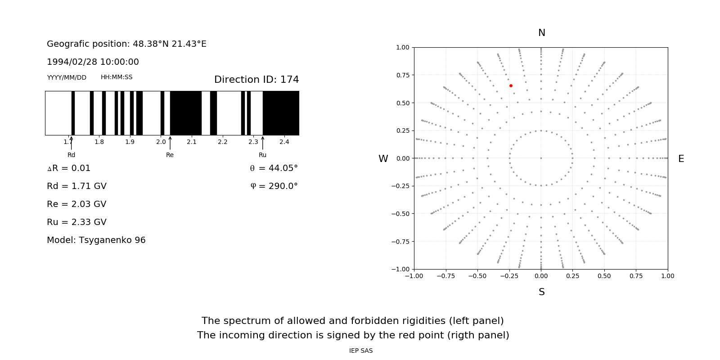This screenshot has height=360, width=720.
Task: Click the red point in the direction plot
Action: click(511, 85)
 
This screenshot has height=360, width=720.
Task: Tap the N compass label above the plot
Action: click(542, 33)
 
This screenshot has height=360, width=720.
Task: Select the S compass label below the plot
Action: click(542, 292)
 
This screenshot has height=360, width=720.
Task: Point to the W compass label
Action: click(383, 159)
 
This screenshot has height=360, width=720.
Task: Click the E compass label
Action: click(681, 159)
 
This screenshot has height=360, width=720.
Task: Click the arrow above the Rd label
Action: click(71, 143)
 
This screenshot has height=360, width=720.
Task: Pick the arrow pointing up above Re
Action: click(170, 143)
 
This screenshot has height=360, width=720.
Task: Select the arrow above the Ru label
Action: click(263, 143)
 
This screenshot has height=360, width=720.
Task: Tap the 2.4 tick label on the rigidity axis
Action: click(284, 142)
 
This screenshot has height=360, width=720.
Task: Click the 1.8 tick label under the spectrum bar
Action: click(99, 142)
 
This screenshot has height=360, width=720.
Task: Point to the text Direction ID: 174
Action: click(256, 80)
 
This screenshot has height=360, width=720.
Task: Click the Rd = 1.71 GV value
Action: click(76, 186)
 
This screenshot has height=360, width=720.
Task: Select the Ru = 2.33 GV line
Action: click(76, 222)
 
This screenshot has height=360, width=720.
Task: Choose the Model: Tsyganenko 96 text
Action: click(96, 240)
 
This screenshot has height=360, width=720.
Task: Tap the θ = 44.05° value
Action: click(274, 168)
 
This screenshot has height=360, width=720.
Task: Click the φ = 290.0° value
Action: click(274, 186)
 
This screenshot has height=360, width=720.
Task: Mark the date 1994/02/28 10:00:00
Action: click(93, 62)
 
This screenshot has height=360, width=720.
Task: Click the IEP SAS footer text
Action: click(361, 351)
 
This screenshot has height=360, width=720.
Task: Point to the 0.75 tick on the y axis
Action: click(403, 75)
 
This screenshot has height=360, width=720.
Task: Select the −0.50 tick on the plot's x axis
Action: click(477, 276)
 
